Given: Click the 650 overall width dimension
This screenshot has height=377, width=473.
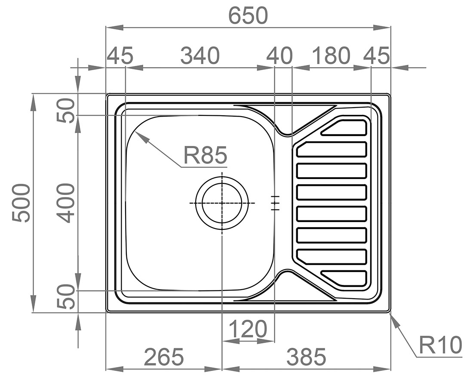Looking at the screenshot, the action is click(248, 15).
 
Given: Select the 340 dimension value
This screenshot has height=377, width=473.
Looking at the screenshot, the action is click(200, 56).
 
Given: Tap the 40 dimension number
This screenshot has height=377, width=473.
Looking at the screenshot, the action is click(280, 56).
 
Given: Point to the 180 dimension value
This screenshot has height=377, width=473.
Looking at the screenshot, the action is click(331, 56).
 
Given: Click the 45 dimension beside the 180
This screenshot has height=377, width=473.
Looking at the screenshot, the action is click(377, 56).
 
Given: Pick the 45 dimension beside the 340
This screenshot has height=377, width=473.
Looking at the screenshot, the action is click(120, 56).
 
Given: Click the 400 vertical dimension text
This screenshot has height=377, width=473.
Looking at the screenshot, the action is click(65, 203).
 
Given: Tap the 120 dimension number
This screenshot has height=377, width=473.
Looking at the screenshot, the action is click(248, 329).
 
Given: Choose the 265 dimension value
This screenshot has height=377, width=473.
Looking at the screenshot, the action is click(164, 356).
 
